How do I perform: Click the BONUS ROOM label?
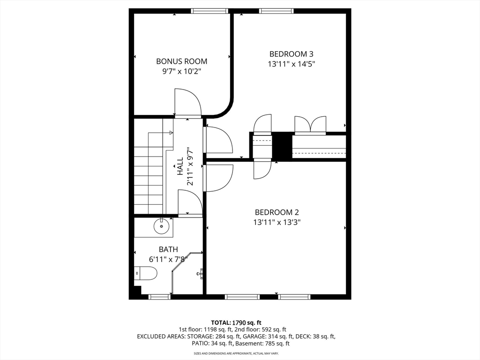181,61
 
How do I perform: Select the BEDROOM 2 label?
277,212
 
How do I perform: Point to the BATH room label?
168,249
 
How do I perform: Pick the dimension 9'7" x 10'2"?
181,71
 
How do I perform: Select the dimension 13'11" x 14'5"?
291,64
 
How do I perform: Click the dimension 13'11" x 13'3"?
277,222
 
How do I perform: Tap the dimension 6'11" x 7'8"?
168,259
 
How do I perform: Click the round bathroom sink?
161,226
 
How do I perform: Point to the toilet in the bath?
146,273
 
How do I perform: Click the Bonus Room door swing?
187,102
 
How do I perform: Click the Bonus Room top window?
209,11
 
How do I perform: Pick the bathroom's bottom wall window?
159,297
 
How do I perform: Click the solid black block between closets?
282,146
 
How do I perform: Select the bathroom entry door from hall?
190,204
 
